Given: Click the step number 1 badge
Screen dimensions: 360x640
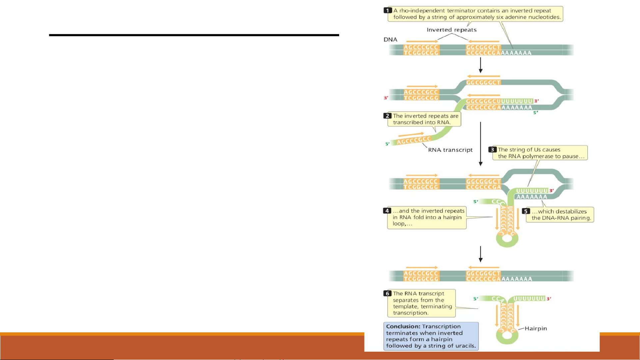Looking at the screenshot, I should click(x=388, y=10).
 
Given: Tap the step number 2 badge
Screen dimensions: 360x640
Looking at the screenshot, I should click(x=387, y=116).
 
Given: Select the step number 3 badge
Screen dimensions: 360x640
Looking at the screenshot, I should click(x=493, y=150).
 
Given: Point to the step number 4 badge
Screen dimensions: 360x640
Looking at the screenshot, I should click(x=387, y=211).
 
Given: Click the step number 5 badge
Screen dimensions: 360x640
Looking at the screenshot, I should click(x=526, y=211).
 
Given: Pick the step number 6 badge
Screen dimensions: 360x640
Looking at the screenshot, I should click(x=387, y=293).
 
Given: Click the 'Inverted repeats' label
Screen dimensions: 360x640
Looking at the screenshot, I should click(x=451, y=30).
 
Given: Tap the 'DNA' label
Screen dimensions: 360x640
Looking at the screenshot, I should click(x=390, y=39).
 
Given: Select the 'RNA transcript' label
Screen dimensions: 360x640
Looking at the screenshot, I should click(x=450, y=150).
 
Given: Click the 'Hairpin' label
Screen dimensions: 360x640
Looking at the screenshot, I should click(x=536, y=328).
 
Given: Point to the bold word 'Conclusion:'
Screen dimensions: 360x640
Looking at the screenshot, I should click(x=403, y=326).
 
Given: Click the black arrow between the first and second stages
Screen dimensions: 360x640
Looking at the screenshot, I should click(x=480, y=65).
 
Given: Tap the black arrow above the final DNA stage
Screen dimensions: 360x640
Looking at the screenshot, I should click(x=480, y=254).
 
